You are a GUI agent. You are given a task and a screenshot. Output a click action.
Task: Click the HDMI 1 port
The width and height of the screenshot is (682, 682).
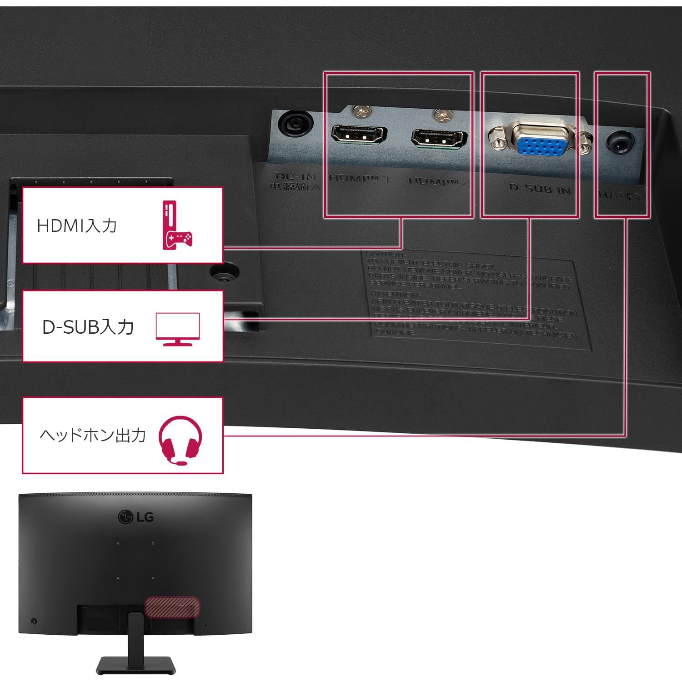point(359,135)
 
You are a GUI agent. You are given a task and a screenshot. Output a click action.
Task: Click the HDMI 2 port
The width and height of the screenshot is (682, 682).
point(439,139)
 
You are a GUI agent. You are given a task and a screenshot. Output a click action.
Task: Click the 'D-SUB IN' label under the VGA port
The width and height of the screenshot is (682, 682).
point(540,188)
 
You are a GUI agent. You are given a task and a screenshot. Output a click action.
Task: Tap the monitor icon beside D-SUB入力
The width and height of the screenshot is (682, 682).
point(177,328)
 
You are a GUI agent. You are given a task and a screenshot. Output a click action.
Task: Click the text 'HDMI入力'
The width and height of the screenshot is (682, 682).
point(77,226)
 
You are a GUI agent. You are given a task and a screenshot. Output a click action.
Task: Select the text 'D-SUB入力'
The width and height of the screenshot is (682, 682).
point(88,327)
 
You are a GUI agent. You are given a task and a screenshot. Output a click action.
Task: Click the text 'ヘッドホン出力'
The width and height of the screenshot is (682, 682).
point(93,436)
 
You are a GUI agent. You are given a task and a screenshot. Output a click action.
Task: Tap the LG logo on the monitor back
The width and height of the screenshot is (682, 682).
point(135,517)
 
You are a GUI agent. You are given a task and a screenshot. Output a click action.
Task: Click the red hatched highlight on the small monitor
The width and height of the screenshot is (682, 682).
point(172,607)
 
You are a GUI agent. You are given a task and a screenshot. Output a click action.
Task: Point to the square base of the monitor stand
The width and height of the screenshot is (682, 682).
point(135,666)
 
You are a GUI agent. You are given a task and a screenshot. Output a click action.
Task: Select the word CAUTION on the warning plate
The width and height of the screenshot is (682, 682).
point(384,254)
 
